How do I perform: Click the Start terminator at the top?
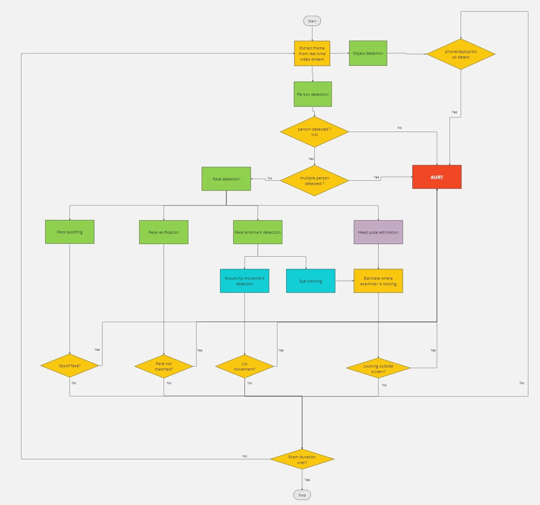(x=312, y=21)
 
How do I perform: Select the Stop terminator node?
(x=302, y=495)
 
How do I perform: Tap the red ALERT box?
(x=437, y=177)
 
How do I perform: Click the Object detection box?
(x=368, y=53)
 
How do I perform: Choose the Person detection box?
(x=313, y=94)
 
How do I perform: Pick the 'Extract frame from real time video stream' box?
(x=312, y=53)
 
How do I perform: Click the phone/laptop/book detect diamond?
(x=461, y=54)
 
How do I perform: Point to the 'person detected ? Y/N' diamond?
(x=314, y=132)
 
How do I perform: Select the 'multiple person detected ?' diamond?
(x=314, y=181)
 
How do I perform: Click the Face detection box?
(x=226, y=179)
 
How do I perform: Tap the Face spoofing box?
(x=70, y=232)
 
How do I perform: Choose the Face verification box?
(x=164, y=232)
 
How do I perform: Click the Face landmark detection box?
(x=258, y=232)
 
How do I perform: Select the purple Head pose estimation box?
(x=378, y=232)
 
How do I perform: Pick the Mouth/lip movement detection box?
(x=244, y=281)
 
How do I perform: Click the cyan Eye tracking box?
(x=311, y=281)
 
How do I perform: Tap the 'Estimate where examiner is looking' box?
(x=378, y=281)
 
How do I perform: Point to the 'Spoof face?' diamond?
(x=70, y=366)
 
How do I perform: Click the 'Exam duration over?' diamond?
(x=302, y=459)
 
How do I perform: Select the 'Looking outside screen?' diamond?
(x=378, y=368)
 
